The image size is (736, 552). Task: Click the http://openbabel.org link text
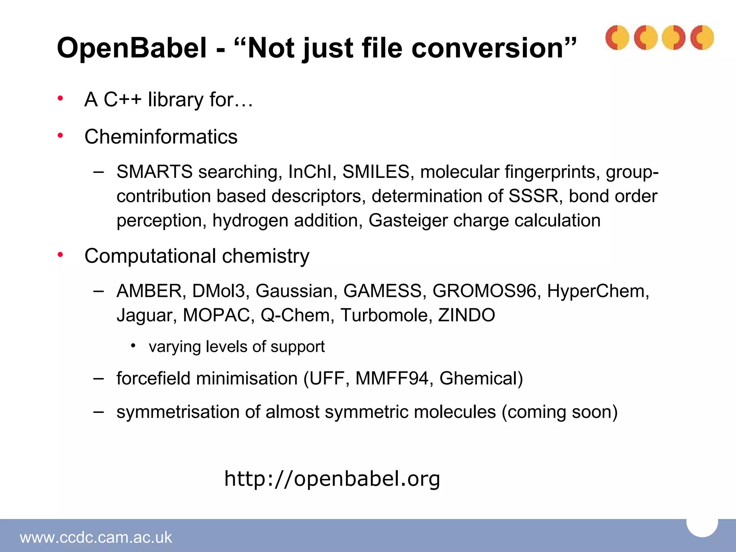point(332,479)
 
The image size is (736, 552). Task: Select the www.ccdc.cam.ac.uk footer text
point(96,537)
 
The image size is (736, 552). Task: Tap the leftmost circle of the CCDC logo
point(617,37)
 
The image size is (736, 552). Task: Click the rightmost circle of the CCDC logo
point(702,37)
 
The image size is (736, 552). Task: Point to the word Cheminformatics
point(161,137)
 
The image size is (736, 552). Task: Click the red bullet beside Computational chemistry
point(60,255)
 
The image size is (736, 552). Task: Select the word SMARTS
point(155,172)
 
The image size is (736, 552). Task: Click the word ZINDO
point(466,315)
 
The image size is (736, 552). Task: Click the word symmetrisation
point(178,412)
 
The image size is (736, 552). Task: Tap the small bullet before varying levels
point(133,346)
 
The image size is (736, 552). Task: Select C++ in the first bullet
point(123,100)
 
